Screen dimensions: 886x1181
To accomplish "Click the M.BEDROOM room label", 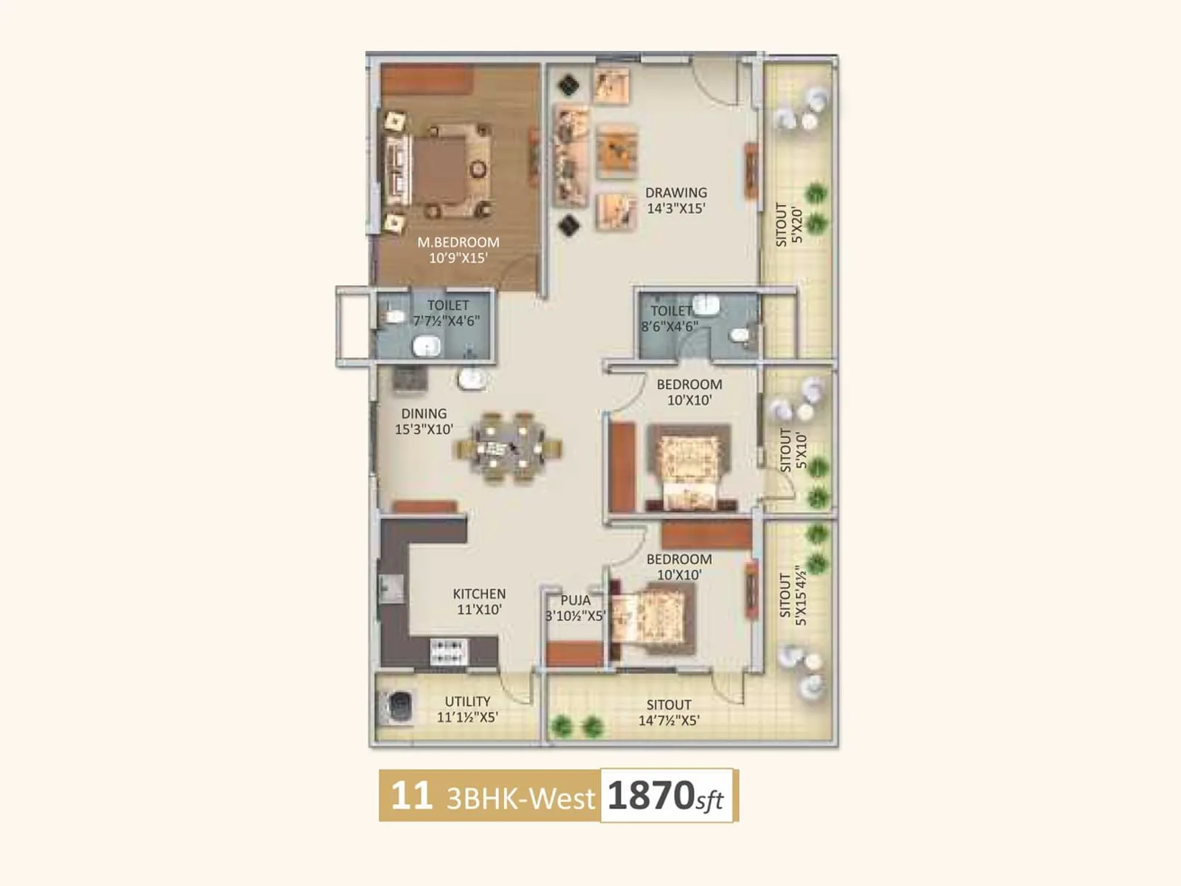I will [x=458, y=242].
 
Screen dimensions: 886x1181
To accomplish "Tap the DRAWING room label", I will [x=675, y=193].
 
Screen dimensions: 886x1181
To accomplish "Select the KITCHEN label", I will [x=479, y=594].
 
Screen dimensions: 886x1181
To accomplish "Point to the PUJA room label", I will [x=575, y=600].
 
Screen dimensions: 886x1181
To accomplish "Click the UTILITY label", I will [x=467, y=701].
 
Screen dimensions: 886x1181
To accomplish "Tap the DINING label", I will [x=424, y=413].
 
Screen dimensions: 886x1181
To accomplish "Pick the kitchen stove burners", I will [x=447, y=652].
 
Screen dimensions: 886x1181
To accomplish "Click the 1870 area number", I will [x=650, y=796].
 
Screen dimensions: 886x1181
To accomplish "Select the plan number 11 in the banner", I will [x=411, y=796].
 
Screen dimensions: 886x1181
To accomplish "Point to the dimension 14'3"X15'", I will [x=676, y=209].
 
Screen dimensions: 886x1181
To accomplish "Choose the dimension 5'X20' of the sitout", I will [x=796, y=225].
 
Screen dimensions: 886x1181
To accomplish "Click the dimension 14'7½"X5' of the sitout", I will [x=669, y=721].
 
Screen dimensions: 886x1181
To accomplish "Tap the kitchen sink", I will [x=391, y=588].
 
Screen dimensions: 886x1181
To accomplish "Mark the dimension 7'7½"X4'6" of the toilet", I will [x=446, y=321].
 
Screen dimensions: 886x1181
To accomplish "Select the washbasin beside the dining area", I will [x=471, y=380].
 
